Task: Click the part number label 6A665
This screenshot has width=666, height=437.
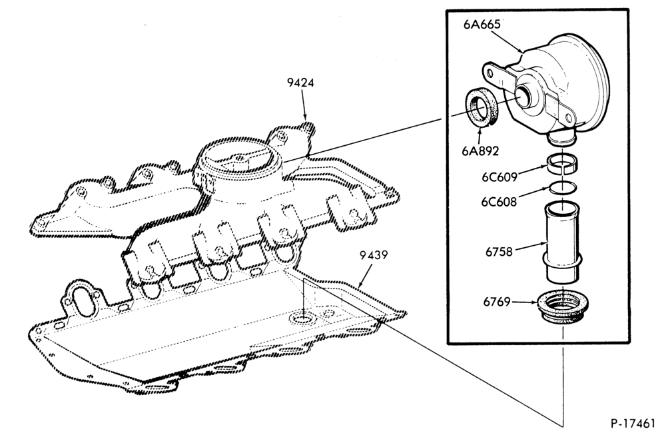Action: click(x=482, y=24)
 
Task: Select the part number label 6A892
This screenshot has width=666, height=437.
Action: click(x=480, y=151)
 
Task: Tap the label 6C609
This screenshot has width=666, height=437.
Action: click(x=499, y=177)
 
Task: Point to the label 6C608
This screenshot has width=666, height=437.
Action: click(x=499, y=202)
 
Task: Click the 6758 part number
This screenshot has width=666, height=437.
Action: click(x=499, y=252)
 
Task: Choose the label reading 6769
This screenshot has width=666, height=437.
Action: click(x=497, y=302)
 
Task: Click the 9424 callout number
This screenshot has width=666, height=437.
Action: click(x=300, y=83)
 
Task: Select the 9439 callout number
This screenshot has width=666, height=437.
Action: click(x=374, y=255)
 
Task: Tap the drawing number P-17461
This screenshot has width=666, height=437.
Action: click(x=633, y=423)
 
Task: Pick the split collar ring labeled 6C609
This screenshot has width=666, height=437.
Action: click(x=561, y=164)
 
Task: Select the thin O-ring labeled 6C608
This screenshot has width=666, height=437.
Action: click(x=561, y=187)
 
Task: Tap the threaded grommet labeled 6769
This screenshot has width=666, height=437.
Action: click(x=563, y=307)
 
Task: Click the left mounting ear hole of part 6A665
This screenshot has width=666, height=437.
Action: click(x=490, y=73)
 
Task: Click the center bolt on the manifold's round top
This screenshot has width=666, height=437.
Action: click(x=240, y=158)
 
